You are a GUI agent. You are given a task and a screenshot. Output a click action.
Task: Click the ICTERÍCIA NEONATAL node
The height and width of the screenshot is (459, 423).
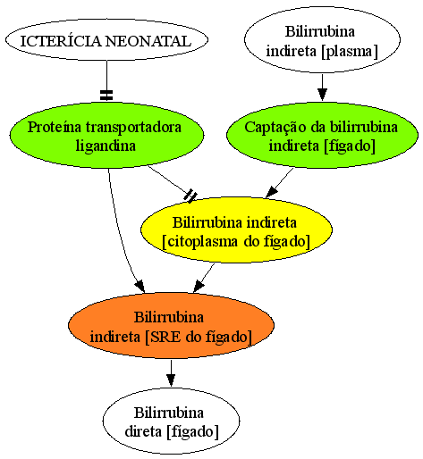click(x=106, y=40)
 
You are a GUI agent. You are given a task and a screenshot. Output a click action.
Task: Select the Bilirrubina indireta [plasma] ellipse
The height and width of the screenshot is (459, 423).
click(x=322, y=39)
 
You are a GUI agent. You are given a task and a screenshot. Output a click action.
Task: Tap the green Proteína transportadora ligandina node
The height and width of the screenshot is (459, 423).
click(x=106, y=136)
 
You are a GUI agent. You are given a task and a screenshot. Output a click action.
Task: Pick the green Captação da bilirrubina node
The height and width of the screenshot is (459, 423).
click(x=322, y=136)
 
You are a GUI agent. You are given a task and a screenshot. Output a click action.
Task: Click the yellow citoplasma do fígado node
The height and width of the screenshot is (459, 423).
click(x=236, y=230)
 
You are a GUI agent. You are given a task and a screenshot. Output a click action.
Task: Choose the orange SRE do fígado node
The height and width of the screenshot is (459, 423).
click(x=171, y=325)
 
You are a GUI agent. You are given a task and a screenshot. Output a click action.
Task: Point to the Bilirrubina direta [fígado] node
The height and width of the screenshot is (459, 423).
click(x=171, y=421)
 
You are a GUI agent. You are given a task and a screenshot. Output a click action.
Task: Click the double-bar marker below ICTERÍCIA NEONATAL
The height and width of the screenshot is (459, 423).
click(x=106, y=95)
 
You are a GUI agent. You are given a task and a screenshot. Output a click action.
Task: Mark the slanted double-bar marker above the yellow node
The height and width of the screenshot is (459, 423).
click(x=190, y=196)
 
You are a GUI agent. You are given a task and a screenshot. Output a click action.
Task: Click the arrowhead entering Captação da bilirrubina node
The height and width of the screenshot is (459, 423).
click(x=322, y=95)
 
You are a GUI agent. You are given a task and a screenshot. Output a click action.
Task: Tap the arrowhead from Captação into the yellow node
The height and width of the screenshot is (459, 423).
click(x=271, y=192)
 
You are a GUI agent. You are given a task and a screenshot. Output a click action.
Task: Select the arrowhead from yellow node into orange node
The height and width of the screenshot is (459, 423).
click(x=199, y=287)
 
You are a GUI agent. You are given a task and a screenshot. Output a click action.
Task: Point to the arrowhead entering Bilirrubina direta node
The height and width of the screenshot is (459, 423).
click(x=171, y=380)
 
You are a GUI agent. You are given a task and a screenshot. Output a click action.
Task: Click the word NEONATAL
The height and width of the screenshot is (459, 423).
click(x=148, y=41)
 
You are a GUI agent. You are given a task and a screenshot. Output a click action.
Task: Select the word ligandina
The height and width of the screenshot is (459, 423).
click(x=106, y=146)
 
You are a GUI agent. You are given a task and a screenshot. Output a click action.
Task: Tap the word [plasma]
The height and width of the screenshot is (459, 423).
click(x=350, y=51)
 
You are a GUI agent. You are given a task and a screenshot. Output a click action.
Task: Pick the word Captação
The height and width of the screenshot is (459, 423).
click(x=275, y=128)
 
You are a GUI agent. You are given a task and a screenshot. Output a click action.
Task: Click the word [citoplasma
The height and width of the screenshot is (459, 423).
click(x=200, y=241)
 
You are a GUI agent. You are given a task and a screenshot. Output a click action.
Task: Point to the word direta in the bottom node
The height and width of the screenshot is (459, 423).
click(x=143, y=431)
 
